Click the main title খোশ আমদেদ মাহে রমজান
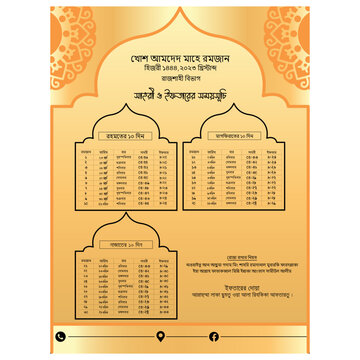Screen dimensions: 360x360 pyautogui.click(x=180, y=57)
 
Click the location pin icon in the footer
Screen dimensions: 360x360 pyautogui.click(x=161, y=336)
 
